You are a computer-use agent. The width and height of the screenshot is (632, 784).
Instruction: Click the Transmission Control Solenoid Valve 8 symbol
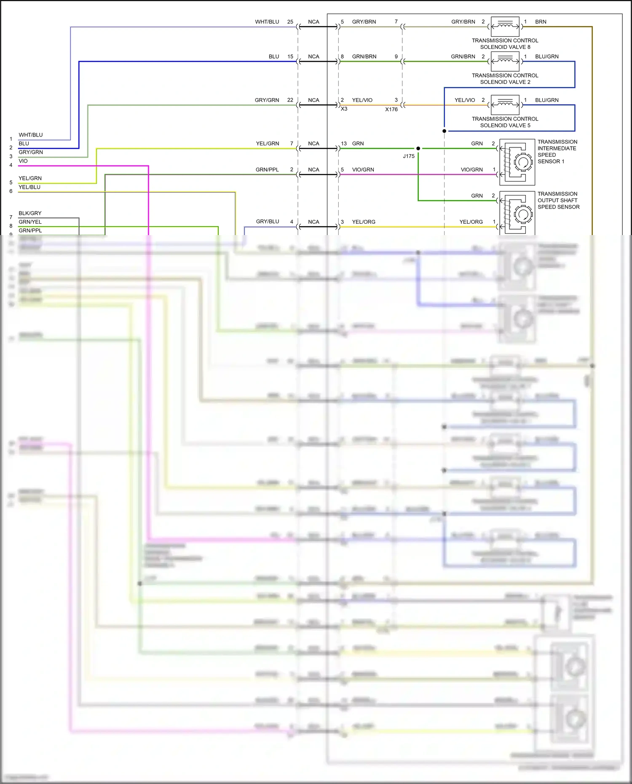pyautogui.click(x=505, y=27)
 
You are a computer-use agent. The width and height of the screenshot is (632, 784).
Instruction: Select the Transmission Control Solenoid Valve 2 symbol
pyautogui.click(x=505, y=62)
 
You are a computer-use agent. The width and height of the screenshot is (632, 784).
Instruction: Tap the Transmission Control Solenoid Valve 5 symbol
pyautogui.click(x=505, y=105)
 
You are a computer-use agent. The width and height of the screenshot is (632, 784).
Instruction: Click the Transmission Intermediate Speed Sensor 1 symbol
pyautogui.click(x=517, y=162)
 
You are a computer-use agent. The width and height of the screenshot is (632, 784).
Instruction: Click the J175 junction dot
pyautogui.click(x=418, y=148)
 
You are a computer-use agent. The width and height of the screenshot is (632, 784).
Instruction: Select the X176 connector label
pyautogui.click(x=391, y=110)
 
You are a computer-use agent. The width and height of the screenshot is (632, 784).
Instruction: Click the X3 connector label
pyautogui.click(x=344, y=109)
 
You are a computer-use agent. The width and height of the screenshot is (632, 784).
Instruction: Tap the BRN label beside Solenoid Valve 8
pyautogui.click(x=541, y=21)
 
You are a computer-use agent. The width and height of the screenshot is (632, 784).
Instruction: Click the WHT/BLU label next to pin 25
pyautogui.click(x=267, y=21)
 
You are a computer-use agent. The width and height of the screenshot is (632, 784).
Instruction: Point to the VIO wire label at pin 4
pyautogui.click(x=23, y=161)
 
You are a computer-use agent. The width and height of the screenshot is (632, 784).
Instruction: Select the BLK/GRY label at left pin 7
pyautogui.click(x=30, y=213)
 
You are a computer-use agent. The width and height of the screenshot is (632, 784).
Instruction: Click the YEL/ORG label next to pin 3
pyautogui.click(x=363, y=222)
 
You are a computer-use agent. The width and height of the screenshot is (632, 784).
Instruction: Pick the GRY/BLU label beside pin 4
pyautogui.click(x=267, y=221)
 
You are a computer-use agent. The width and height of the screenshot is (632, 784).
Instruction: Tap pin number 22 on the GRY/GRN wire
pyautogui.click(x=290, y=100)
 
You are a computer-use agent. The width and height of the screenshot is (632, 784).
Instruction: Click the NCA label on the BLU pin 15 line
pyautogui.click(x=313, y=56)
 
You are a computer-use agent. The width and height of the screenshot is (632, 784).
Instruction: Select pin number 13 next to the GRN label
pyautogui.click(x=344, y=143)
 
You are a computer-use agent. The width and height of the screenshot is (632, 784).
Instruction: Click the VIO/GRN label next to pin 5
pyautogui.click(x=363, y=169)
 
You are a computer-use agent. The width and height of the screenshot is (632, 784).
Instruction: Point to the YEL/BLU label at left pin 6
pyautogui.click(x=29, y=187)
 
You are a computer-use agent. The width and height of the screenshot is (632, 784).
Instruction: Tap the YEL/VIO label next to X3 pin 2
pyautogui.click(x=362, y=100)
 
